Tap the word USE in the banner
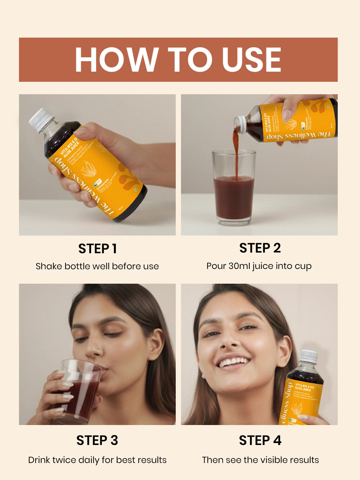click(x=251, y=60)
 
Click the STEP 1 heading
click(x=97, y=249)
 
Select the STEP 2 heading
click(x=260, y=248)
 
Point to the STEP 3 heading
click(x=97, y=440)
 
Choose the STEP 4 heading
click(x=260, y=440)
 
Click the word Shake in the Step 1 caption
click(x=49, y=266)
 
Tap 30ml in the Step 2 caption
click(x=239, y=266)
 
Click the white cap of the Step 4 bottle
click(x=309, y=356)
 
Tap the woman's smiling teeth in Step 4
click(x=233, y=362)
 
